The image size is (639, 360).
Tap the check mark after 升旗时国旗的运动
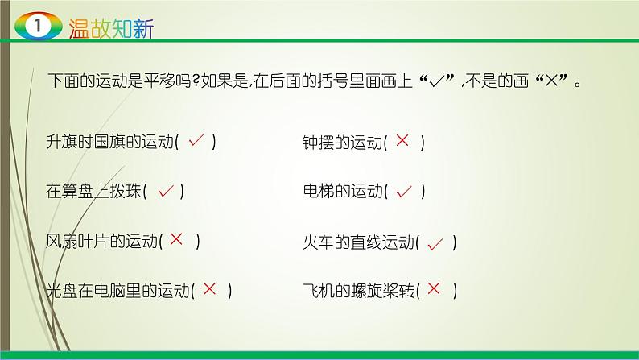(x=196, y=142)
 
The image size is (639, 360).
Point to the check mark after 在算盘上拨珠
(x=166, y=191)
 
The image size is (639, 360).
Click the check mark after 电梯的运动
(x=405, y=191)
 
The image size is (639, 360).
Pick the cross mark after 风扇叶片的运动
(x=178, y=238)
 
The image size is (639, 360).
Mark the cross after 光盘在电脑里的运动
(x=210, y=288)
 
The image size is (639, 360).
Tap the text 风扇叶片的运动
(x=102, y=241)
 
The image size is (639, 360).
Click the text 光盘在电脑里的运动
(x=118, y=290)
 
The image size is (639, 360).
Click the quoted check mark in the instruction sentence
(x=442, y=81)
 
